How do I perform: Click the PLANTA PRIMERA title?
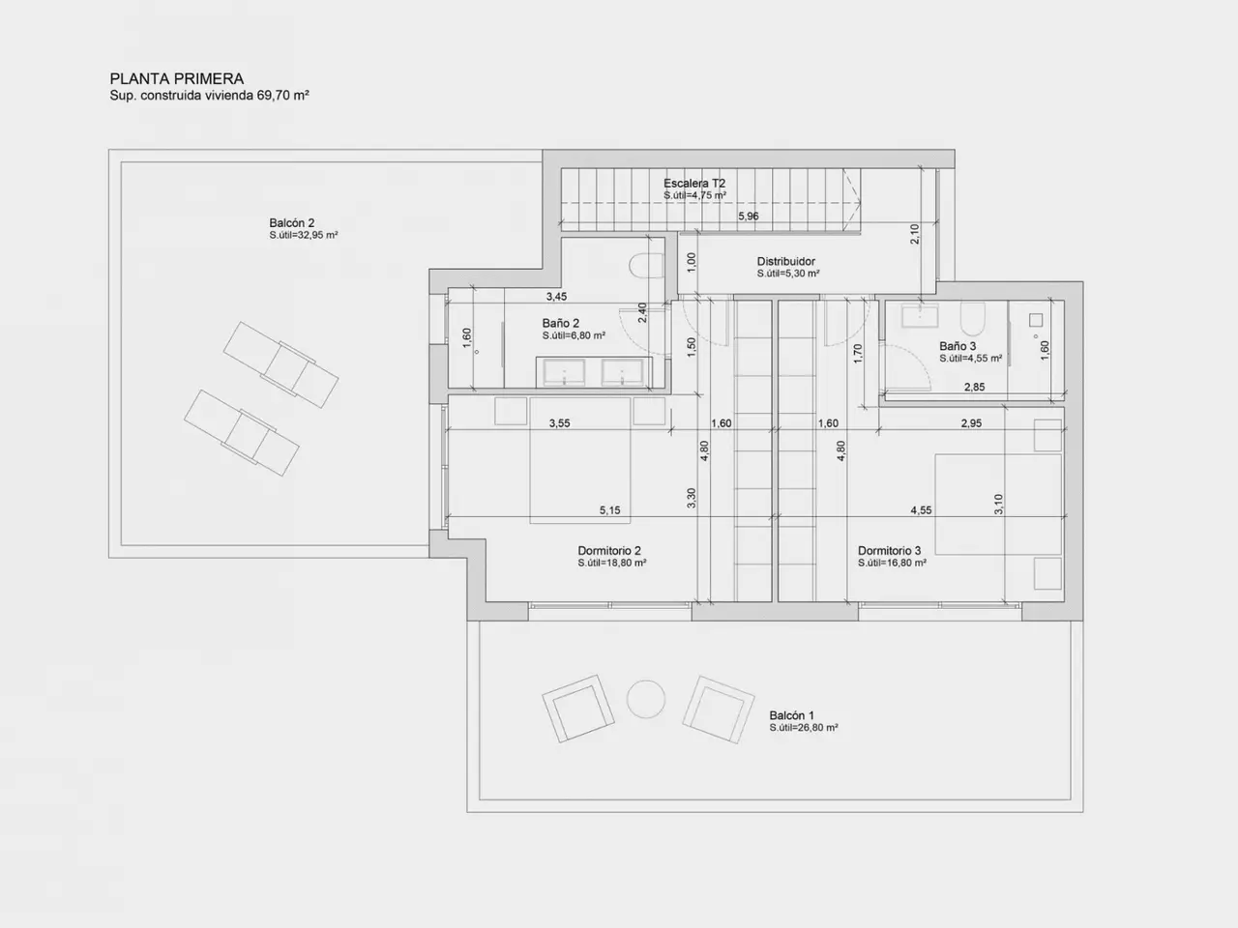(177, 78)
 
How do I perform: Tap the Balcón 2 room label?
(291, 223)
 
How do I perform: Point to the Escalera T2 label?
(694, 183)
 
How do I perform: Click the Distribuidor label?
(785, 261)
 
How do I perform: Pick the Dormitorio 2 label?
(609, 550)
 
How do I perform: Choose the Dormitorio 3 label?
(890, 550)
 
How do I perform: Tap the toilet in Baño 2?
(646, 266)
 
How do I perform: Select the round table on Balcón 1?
(646, 699)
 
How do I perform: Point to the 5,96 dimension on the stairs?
(749, 216)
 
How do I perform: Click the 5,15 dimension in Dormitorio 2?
(609, 510)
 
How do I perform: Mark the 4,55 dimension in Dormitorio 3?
(921, 510)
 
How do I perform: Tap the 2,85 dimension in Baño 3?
(975, 387)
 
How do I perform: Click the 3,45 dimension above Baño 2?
(557, 297)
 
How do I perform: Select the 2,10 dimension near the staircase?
(915, 234)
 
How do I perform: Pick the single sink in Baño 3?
(920, 316)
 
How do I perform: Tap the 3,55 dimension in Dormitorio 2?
(559, 423)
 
